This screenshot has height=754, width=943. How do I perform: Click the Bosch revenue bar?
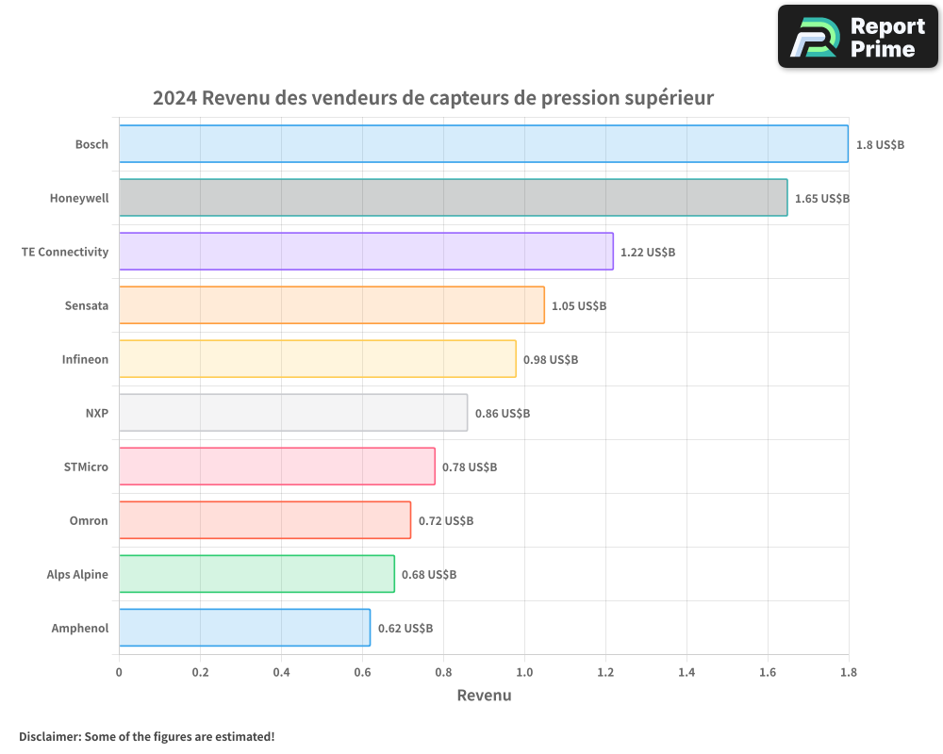[x=483, y=144]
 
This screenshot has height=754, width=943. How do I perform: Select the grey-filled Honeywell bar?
[x=453, y=198]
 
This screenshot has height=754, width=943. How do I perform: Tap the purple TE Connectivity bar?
[x=366, y=252]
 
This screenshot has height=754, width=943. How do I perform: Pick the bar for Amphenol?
[x=244, y=628]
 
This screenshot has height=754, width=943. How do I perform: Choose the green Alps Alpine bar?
[x=256, y=574]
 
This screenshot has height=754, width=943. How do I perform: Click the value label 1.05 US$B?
[x=579, y=306]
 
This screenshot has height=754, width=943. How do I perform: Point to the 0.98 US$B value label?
[x=551, y=360]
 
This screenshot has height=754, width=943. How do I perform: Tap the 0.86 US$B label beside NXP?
[x=503, y=414]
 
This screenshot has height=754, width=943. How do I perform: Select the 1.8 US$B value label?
[x=880, y=145]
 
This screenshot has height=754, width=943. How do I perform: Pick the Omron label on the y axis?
[x=89, y=521]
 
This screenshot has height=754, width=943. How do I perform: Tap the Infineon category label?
[x=85, y=360]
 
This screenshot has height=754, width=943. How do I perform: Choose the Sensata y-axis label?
[x=87, y=306]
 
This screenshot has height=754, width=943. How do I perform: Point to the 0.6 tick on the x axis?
[x=362, y=673]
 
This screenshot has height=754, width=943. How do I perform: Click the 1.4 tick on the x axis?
[x=687, y=673]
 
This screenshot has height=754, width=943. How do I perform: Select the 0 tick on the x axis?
[x=119, y=673]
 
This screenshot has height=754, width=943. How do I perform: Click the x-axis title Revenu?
[x=484, y=696]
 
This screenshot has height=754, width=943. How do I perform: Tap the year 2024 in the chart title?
[x=174, y=98]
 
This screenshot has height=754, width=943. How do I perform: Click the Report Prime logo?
[x=858, y=37]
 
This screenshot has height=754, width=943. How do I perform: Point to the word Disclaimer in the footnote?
[x=49, y=736]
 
